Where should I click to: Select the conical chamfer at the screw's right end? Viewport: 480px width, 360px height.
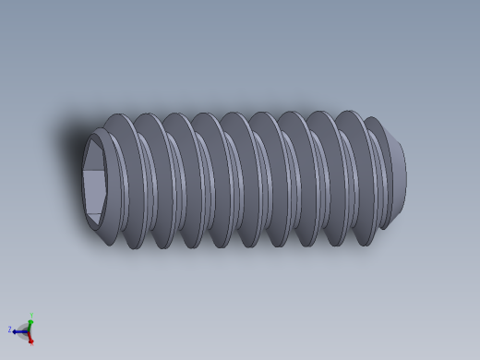click(x=390, y=148)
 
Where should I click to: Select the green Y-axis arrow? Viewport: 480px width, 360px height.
click(x=30, y=322)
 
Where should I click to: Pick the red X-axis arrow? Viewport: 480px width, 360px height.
click(x=30, y=337)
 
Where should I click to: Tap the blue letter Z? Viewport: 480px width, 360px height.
click(x=10, y=330)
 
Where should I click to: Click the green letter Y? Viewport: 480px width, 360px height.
click(x=31, y=315)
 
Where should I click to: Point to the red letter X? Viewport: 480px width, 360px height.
click(x=31, y=342)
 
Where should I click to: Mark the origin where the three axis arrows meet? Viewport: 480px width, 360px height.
click(x=28, y=330)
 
